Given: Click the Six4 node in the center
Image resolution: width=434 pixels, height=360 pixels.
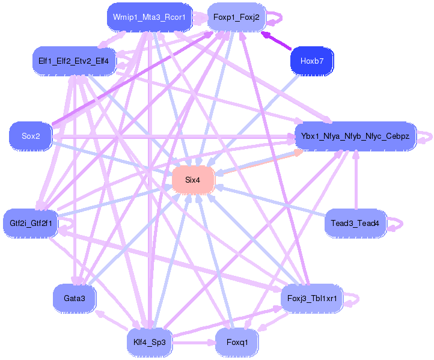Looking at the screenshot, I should coord(192,180).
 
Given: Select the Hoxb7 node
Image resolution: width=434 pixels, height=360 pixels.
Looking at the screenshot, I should coord(311,61).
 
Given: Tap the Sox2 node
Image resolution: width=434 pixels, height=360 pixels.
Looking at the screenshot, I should coord(31,136).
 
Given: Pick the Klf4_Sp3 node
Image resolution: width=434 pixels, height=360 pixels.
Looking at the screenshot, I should coord(150,342).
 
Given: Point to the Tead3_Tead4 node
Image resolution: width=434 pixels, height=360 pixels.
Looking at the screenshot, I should coord(355,223).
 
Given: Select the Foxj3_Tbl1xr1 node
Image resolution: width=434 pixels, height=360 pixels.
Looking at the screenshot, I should coord(311,297).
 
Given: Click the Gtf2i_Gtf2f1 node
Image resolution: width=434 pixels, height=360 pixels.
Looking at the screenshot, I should coord(31,223).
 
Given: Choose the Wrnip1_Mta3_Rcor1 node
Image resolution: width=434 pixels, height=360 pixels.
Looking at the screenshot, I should coord(150,17).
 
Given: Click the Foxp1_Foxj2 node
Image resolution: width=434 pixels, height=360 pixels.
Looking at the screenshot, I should coord(236,17).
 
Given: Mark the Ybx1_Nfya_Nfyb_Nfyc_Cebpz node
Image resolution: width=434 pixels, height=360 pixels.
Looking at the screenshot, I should coord(355,136).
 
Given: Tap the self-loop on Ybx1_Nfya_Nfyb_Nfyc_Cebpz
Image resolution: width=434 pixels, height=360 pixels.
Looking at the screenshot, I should coord(426,136).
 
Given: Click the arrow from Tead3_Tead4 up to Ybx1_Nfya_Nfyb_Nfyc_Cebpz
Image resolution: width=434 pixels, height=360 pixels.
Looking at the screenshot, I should coord(355,180).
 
